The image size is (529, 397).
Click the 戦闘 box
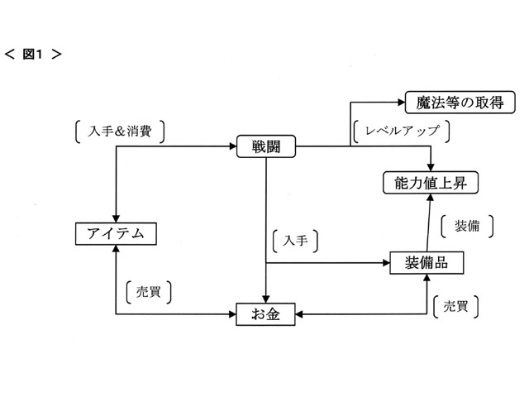click(x=267, y=146)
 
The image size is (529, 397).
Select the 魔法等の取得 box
click(x=461, y=103)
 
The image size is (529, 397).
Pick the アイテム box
click(x=115, y=234)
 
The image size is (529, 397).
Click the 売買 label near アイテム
click(x=150, y=293)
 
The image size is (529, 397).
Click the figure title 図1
click(x=34, y=55)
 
